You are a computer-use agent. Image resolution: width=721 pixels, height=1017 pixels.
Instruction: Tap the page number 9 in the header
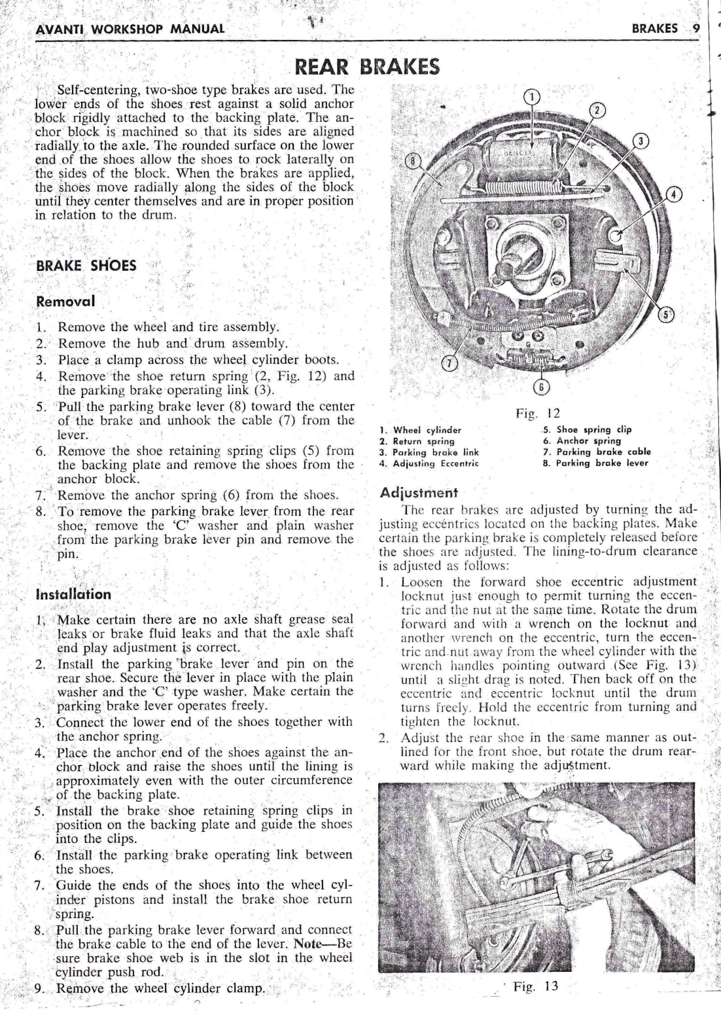coord(695,28)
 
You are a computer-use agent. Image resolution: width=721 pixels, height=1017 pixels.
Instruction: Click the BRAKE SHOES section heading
coord(86,266)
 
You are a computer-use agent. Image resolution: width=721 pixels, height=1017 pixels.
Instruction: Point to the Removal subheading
coord(65,302)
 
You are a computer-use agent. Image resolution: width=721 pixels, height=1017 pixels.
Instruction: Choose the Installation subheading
coord(74,595)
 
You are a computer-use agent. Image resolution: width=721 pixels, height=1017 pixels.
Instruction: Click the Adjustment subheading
coord(419,492)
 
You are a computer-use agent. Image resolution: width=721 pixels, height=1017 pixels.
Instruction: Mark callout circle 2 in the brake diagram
coord(597,110)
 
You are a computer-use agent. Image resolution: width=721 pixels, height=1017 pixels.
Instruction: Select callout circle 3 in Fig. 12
coord(642,141)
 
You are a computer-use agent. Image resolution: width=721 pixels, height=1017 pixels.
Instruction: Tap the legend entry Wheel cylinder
coord(421,430)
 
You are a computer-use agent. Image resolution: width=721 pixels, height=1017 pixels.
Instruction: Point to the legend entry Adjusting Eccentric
coord(429,463)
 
